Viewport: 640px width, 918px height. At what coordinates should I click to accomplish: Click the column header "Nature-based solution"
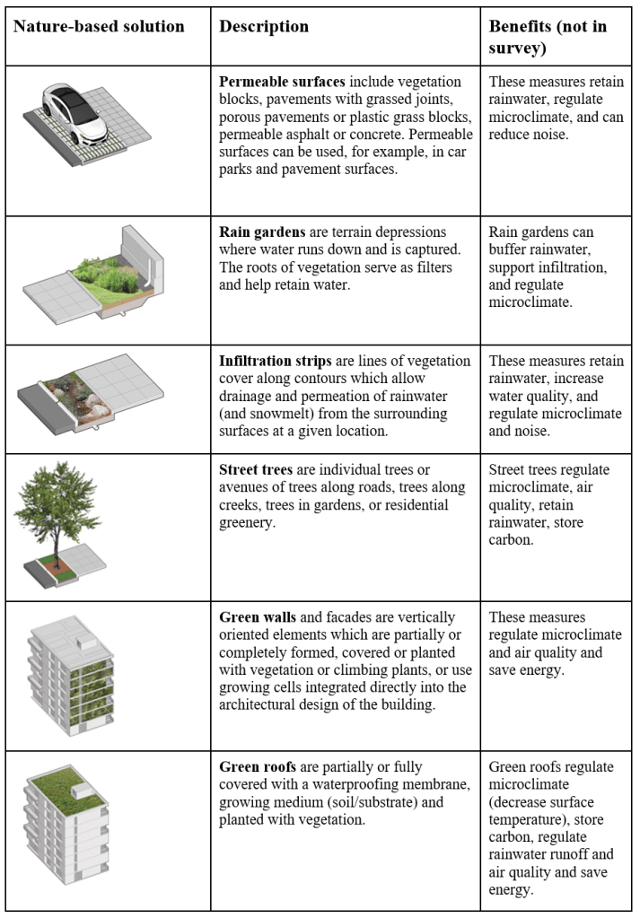(99, 26)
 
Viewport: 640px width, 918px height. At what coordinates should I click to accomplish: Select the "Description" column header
(264, 26)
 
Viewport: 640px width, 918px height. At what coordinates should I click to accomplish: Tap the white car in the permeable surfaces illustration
(75, 111)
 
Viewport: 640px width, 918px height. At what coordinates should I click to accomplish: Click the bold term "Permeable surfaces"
(282, 82)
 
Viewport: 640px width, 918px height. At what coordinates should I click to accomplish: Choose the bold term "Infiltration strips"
(276, 361)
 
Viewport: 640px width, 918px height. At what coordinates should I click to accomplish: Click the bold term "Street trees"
(255, 469)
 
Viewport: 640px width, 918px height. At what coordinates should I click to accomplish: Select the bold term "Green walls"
(258, 617)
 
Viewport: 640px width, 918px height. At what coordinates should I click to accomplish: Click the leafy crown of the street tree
(58, 503)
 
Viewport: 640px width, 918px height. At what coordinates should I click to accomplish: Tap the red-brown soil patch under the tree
(56, 564)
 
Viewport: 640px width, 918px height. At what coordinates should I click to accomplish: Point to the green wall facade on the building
(91, 690)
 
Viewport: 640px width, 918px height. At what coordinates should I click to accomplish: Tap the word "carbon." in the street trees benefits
(511, 540)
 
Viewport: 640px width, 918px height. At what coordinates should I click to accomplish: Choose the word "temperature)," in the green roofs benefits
(529, 819)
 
